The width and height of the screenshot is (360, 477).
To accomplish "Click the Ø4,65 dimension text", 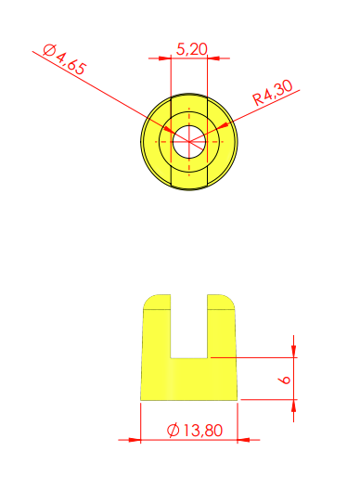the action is (64, 59).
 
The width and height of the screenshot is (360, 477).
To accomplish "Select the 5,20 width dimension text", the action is (192, 49).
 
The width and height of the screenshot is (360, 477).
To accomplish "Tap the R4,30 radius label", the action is (273, 92).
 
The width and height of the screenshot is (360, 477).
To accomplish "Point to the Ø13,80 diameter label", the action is (195, 431).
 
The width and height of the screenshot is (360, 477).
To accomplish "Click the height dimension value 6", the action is (284, 380).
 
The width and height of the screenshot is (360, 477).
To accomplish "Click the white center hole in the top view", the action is (189, 142).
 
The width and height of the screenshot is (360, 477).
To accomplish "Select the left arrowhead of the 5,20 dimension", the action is (164, 58).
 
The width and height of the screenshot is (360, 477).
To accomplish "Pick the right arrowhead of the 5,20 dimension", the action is (213, 58).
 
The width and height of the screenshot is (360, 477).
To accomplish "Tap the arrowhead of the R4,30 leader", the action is (225, 125).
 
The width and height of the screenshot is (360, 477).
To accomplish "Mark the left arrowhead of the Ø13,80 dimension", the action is (135, 440).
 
